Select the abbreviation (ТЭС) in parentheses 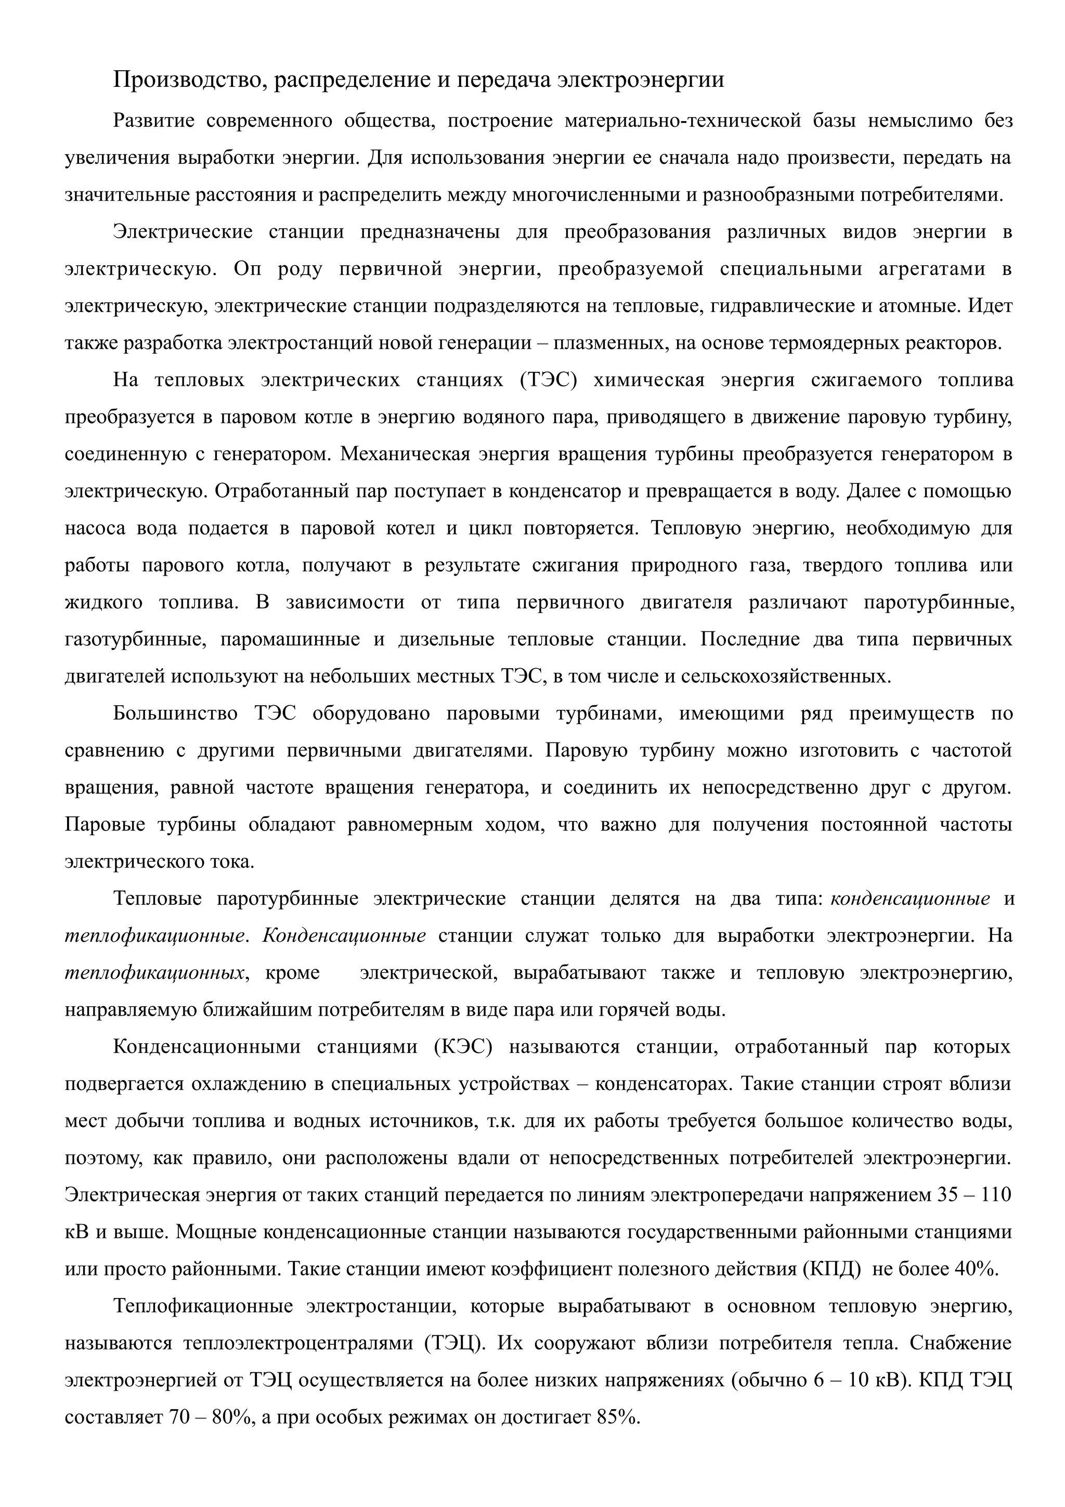548,380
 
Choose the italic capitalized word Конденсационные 344,936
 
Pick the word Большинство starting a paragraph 175,713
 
